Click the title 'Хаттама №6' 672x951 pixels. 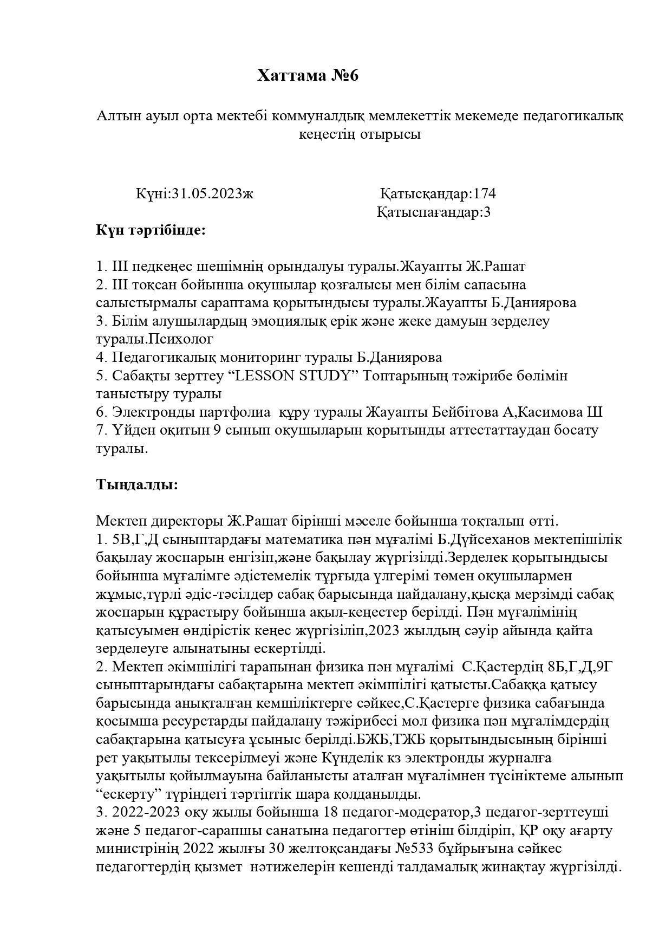(308, 75)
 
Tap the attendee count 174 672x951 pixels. (485, 193)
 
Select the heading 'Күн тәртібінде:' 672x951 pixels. (151, 230)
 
